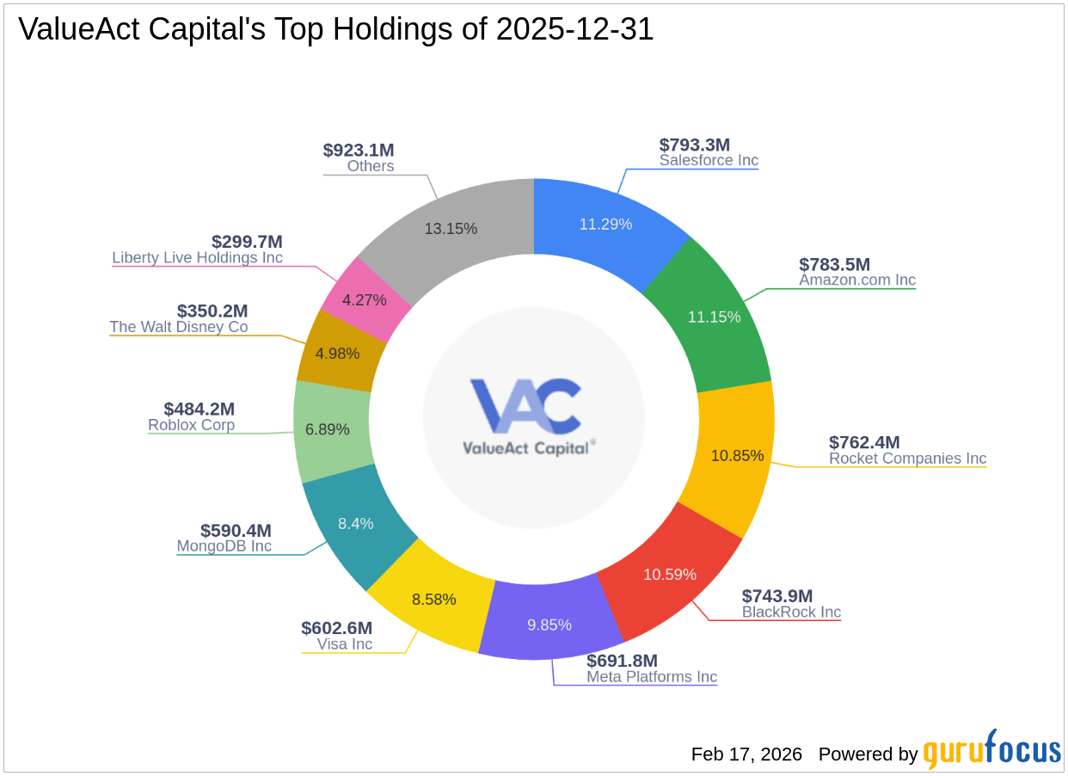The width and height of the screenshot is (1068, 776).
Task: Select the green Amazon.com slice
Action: [x=714, y=316]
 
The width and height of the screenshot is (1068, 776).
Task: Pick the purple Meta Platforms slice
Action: [x=549, y=625]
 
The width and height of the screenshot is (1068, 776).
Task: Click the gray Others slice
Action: [x=451, y=228]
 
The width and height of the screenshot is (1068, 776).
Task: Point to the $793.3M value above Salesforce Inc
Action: [x=694, y=145]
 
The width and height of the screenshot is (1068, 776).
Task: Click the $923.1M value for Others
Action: [x=358, y=150]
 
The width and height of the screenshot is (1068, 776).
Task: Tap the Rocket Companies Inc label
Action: [x=907, y=459]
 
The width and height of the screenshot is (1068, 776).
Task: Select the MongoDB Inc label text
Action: [x=224, y=546]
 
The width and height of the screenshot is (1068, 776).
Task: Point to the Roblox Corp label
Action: [x=191, y=425]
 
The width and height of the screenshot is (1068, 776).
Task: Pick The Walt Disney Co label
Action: [x=178, y=327]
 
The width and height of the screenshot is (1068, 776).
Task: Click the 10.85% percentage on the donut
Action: [x=737, y=456]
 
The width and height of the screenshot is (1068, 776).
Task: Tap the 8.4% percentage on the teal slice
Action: [x=355, y=523]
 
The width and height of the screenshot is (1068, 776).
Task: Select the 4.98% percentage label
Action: [x=337, y=353]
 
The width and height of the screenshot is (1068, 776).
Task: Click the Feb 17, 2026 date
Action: [x=746, y=754]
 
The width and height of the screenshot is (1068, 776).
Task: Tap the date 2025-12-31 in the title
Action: [x=574, y=29]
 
